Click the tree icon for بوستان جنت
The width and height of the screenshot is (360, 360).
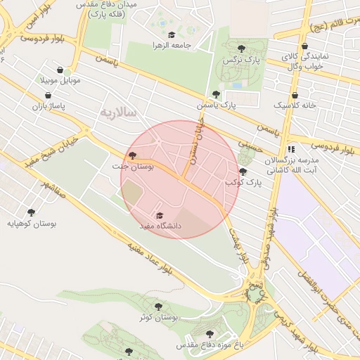[132, 155]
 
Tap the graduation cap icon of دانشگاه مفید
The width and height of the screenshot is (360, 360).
[159, 216]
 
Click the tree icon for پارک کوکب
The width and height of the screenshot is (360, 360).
[243, 172]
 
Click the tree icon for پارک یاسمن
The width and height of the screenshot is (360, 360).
[215, 94]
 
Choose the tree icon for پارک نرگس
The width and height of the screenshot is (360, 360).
[242, 49]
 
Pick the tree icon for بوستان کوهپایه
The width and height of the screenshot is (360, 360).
[31, 212]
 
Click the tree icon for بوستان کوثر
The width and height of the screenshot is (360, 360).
[157, 307]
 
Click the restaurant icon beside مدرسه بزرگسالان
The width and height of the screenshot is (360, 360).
[291, 149]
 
